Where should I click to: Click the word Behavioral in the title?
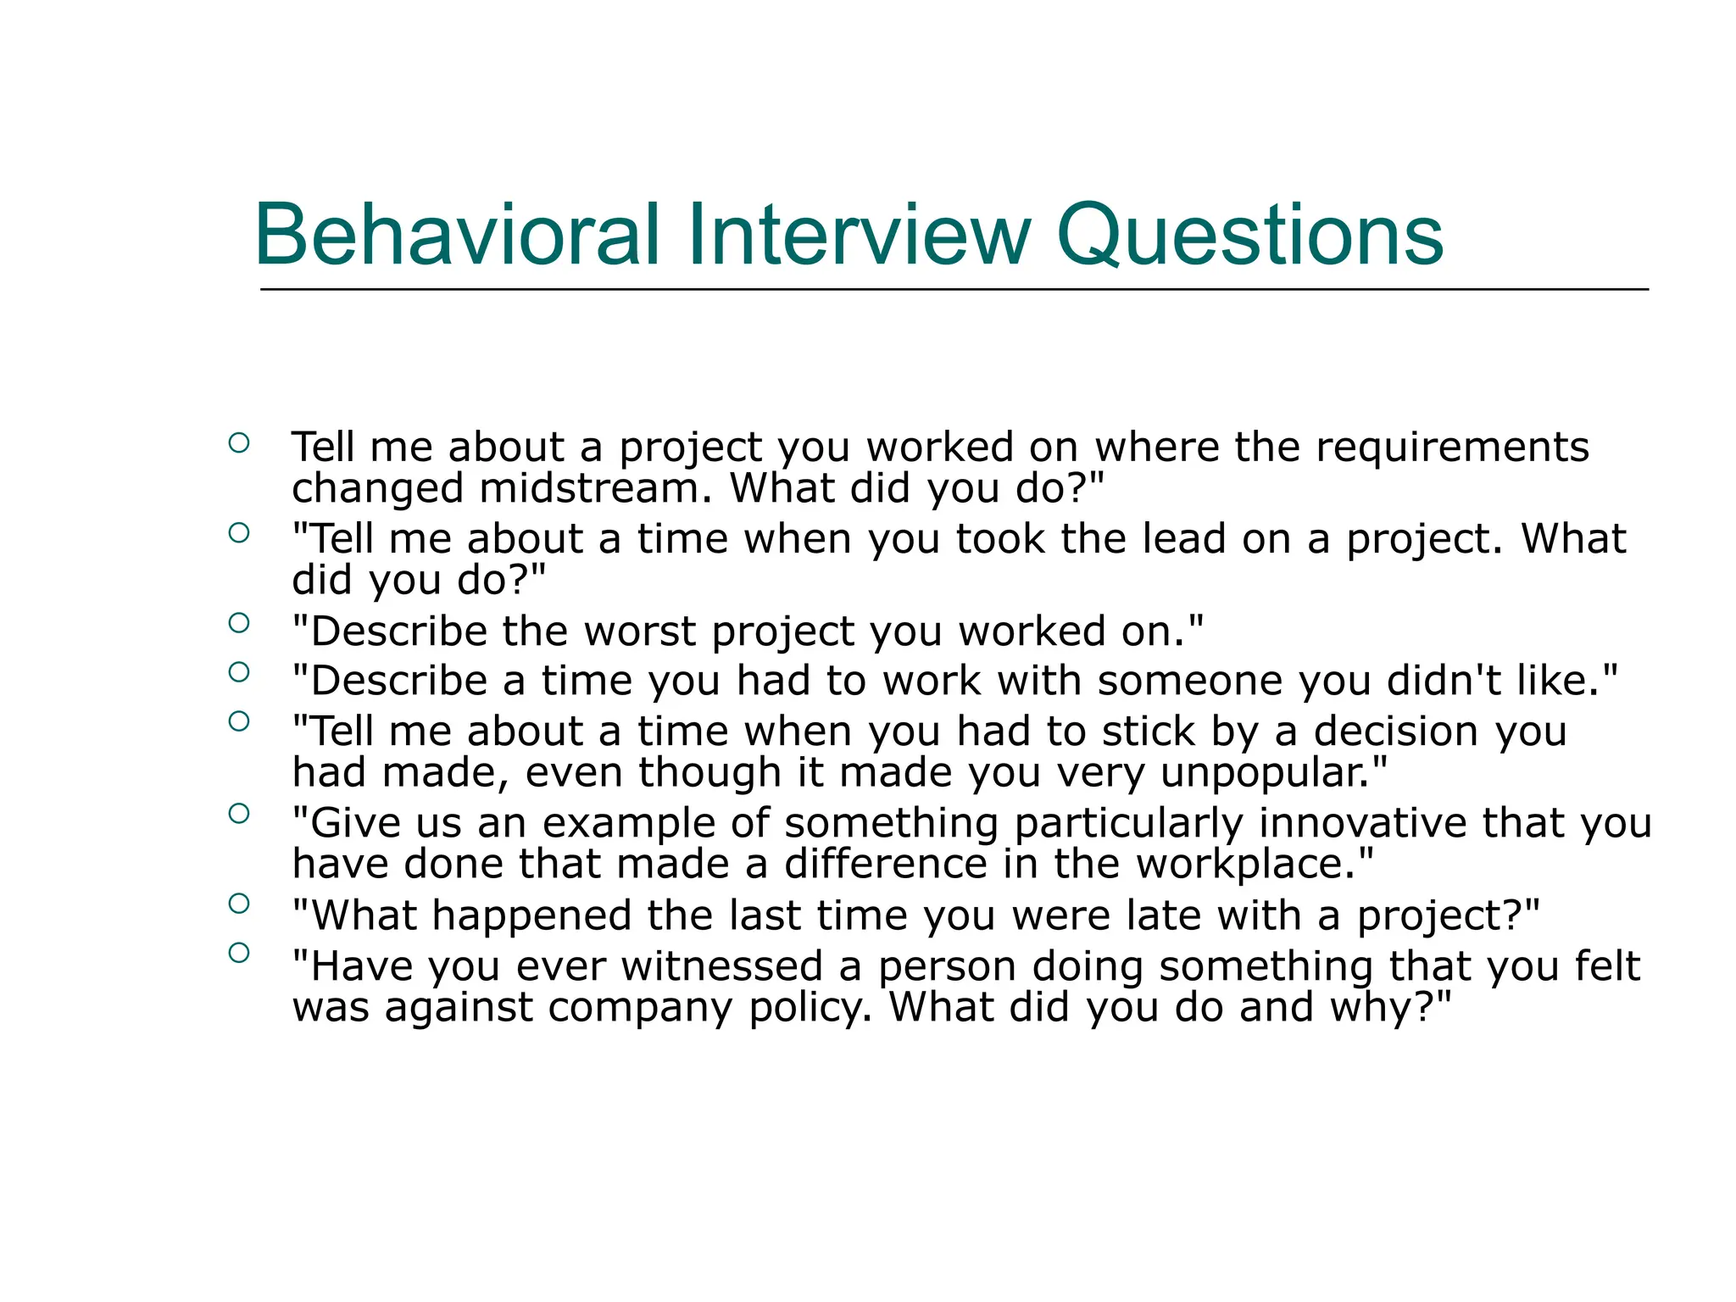coord(457,235)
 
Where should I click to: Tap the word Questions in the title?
coord(1249,235)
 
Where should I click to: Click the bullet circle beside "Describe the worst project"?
coord(239,623)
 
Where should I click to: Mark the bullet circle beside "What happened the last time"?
coord(239,904)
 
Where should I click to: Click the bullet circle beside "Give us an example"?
coord(239,814)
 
